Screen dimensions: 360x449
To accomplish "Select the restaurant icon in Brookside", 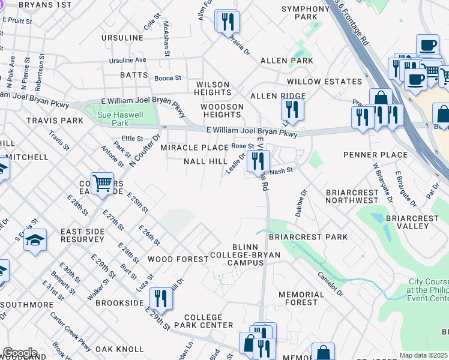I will click(160, 297).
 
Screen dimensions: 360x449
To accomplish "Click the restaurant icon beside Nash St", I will click(258, 160).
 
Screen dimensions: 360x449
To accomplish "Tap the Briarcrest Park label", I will click(308, 237).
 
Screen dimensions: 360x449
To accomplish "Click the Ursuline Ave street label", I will click(128, 61).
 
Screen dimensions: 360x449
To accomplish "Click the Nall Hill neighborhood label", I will click(205, 161).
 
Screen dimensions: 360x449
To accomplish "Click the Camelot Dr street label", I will click(331, 284).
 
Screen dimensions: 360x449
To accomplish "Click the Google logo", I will click(19, 353).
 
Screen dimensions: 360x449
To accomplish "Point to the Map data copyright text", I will click(424, 355).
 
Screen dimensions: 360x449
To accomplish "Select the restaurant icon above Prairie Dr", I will click(228, 22).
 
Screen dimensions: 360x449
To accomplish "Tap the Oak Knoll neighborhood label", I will click(119, 349).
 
